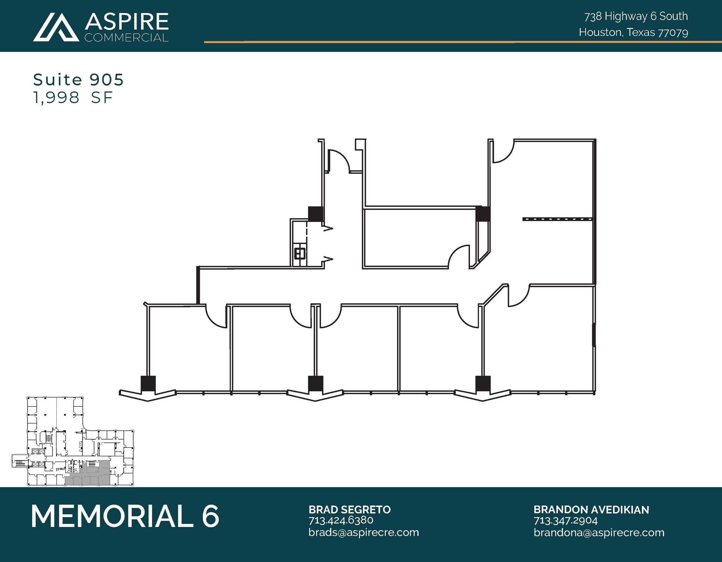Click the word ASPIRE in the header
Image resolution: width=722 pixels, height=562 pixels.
pos(127,22)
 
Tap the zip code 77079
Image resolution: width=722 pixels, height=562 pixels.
pos(673,33)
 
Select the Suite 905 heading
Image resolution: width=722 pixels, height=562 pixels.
pos(78,80)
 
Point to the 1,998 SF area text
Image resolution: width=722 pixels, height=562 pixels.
pos(73,98)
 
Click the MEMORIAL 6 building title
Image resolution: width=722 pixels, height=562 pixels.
pos(125,516)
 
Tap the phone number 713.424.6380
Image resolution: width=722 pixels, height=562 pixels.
pos(341,520)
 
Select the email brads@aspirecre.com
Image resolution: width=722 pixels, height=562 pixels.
pos(363,532)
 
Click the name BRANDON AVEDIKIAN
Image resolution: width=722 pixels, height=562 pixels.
pos(591,510)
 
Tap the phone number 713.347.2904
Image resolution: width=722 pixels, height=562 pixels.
pos(565,520)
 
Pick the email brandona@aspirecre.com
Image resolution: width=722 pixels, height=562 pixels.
pos(599,532)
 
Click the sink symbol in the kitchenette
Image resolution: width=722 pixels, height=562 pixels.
pos(300,253)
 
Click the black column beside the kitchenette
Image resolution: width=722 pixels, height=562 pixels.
pos(316,214)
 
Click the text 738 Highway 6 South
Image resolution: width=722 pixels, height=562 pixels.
pos(636,16)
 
